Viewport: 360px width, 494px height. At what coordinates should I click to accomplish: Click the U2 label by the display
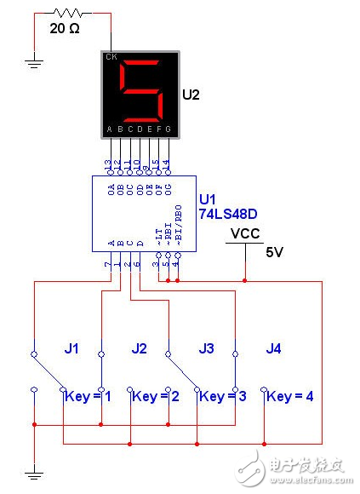[192, 95]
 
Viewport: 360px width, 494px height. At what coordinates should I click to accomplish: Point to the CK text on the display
[111, 58]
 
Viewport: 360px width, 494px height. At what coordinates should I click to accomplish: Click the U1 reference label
[207, 199]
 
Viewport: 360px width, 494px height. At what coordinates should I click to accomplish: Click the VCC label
[245, 233]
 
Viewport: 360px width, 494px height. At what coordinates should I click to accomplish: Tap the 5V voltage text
[274, 253]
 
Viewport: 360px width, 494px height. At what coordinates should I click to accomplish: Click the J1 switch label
[72, 348]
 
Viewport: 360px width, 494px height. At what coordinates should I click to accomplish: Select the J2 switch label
[140, 348]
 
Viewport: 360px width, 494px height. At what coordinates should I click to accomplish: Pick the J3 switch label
[206, 348]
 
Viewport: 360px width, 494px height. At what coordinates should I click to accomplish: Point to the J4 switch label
[272, 348]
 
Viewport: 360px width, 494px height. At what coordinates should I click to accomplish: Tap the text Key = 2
[155, 396]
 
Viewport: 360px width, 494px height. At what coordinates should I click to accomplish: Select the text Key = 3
[222, 396]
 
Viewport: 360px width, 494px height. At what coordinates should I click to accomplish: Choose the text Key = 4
[289, 396]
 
